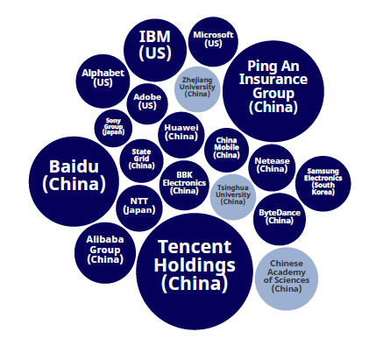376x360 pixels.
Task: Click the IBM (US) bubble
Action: (155, 50)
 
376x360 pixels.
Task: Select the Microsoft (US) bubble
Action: (213, 41)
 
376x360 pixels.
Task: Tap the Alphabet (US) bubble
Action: (103, 81)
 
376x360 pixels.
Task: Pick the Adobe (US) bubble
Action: (147, 104)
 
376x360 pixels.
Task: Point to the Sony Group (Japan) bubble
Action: (113, 128)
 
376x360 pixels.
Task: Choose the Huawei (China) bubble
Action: (181, 135)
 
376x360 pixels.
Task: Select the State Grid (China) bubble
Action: (141, 161)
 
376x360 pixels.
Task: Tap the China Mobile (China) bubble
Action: (226, 150)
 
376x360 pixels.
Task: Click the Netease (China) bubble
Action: (272, 167)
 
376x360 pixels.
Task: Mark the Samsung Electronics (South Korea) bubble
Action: (323, 184)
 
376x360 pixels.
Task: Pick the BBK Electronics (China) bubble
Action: (184, 185)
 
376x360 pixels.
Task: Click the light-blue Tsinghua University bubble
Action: (233, 197)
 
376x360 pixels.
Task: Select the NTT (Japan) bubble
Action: (139, 208)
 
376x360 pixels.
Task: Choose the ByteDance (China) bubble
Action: (280, 219)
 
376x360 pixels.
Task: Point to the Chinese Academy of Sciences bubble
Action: (287, 279)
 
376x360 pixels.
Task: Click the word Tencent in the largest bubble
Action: (195, 247)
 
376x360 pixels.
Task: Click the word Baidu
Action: (74, 166)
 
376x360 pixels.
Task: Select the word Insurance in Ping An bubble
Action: (273, 79)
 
